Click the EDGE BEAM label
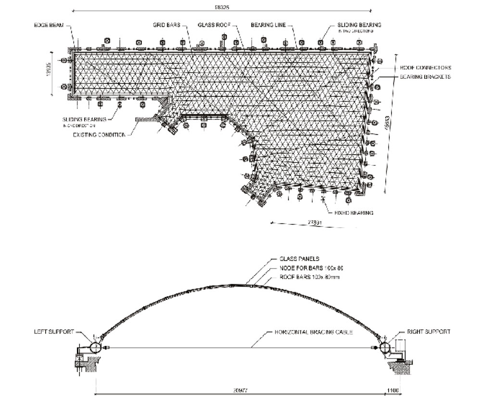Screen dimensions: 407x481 pyautogui.click(x=46, y=25)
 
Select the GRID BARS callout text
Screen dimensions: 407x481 pyautogui.click(x=166, y=25)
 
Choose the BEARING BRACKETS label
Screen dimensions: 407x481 pyautogui.click(x=425, y=77)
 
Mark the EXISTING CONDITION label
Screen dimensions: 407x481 pyautogui.click(x=99, y=135)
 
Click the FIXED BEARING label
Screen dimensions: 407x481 pyautogui.click(x=354, y=212)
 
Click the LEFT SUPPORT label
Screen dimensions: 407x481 pyautogui.click(x=53, y=332)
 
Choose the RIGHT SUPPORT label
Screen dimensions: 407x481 pyautogui.click(x=429, y=332)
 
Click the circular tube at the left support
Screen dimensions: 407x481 pyautogui.click(x=95, y=347)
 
